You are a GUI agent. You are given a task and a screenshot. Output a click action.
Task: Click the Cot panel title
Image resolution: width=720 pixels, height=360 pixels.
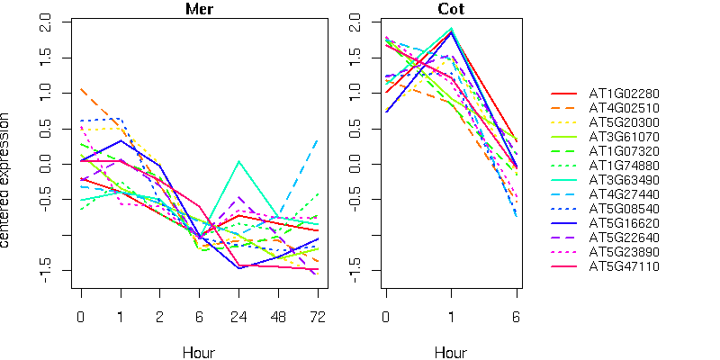coord(451,10)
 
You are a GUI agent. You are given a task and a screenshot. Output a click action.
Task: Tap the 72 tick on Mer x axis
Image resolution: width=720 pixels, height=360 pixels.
coord(318,316)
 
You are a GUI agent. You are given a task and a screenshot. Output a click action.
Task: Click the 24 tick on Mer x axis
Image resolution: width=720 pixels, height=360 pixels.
coord(238,316)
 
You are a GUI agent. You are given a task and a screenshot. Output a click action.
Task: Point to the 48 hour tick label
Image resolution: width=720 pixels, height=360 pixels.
coord(278,316)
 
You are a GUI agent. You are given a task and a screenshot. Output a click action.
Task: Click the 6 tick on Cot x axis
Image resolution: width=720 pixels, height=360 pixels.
coord(517,316)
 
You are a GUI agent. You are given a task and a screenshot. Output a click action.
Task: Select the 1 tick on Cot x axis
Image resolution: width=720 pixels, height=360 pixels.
coord(452,316)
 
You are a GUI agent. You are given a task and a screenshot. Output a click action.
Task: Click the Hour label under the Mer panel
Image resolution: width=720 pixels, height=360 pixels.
coord(199,351)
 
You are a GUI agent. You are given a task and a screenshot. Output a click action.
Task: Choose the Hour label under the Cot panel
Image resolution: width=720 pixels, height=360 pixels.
coord(451,351)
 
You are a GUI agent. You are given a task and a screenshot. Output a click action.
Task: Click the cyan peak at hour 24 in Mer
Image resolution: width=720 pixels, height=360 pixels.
coord(238,162)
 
